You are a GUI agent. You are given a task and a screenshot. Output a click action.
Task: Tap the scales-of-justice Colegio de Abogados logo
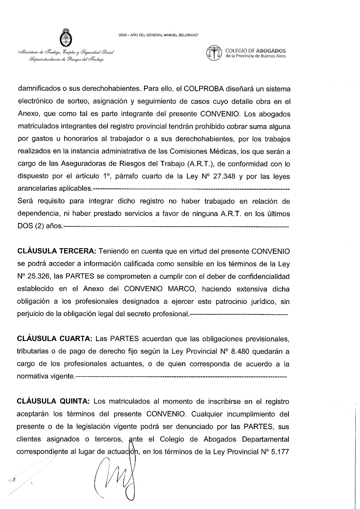(214, 53)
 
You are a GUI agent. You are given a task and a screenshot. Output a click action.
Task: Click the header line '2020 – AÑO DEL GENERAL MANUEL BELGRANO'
(158, 36)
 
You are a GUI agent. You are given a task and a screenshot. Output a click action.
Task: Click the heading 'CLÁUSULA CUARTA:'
(55, 339)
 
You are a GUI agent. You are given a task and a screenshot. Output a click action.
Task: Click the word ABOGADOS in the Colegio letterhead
(271, 51)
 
